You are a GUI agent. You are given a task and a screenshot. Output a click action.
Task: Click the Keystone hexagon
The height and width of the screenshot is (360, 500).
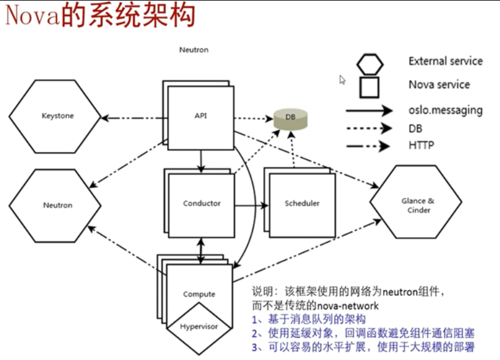tap(58, 116)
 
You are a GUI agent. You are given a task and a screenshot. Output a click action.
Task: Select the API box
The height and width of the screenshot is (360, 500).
tap(200, 116)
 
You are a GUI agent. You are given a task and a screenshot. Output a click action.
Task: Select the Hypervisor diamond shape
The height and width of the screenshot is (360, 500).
tap(199, 326)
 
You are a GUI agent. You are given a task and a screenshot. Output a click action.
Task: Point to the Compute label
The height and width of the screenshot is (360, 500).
tap(199, 294)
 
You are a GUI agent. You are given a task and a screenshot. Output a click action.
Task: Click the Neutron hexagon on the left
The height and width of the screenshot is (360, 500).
tap(58, 205)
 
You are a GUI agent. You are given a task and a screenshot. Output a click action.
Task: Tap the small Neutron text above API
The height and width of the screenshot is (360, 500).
tap(194, 50)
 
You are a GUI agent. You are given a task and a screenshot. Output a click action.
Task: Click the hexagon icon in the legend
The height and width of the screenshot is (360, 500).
tap(369, 62)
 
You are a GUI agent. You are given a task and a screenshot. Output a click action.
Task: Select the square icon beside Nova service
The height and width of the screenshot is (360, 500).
tap(369, 86)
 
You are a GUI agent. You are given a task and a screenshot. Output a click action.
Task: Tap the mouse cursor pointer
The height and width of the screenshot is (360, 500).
tap(342, 80)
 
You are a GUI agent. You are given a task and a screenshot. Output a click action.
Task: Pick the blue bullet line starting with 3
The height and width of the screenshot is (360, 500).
tap(363, 347)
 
